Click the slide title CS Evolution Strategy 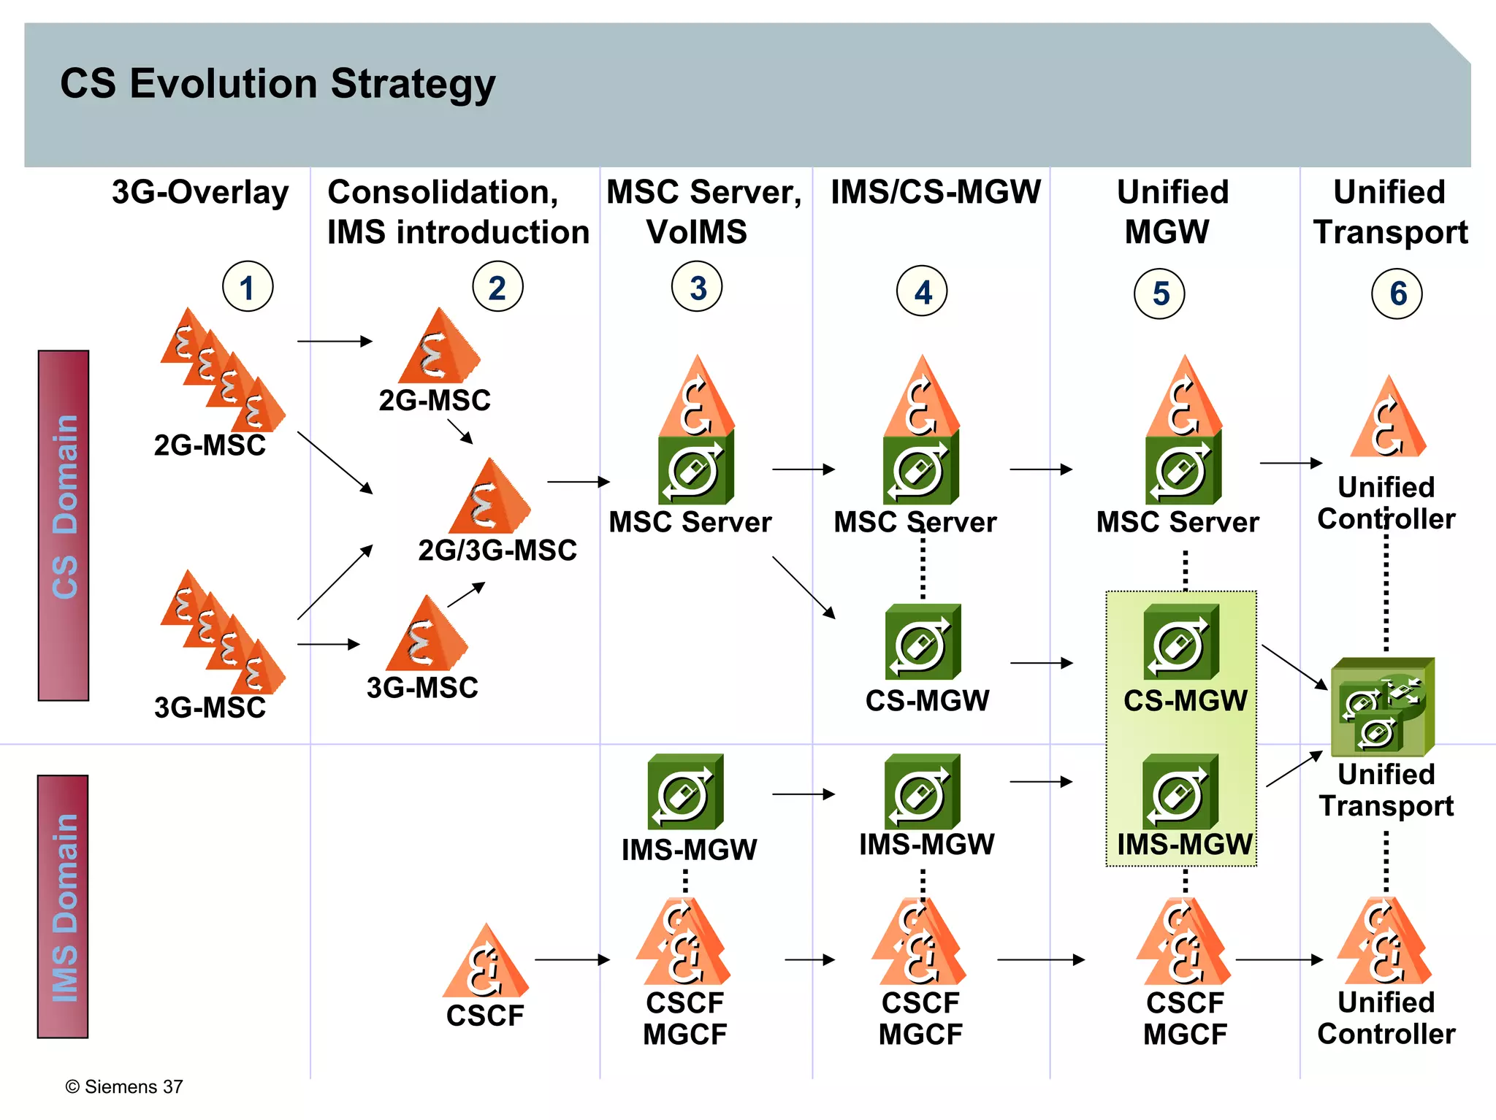pyautogui.click(x=278, y=84)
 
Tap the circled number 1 pyautogui.click(x=248, y=287)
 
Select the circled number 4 pyautogui.click(x=922, y=291)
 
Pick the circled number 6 pyautogui.click(x=1397, y=294)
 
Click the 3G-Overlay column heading pyautogui.click(x=200, y=193)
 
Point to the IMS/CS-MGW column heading pyautogui.click(x=936, y=193)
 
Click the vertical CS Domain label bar pyautogui.click(x=64, y=525)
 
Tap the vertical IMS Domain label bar pyautogui.click(x=64, y=906)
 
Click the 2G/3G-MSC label pyautogui.click(x=497, y=551)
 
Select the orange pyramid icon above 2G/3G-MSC pyautogui.click(x=489, y=498)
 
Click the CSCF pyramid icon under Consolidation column pyautogui.click(x=485, y=963)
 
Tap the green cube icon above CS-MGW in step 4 pyautogui.click(x=923, y=642)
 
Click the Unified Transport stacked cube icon pyautogui.click(x=1382, y=707)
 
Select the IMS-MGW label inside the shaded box pyautogui.click(x=1184, y=845)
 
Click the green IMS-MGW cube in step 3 pyautogui.click(x=685, y=792)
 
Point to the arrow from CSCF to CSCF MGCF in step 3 pyautogui.click(x=572, y=959)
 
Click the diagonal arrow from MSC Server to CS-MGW pyautogui.click(x=803, y=587)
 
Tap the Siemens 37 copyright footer pyautogui.click(x=124, y=1086)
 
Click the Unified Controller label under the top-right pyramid pyautogui.click(x=1386, y=503)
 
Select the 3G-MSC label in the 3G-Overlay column pyautogui.click(x=210, y=707)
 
